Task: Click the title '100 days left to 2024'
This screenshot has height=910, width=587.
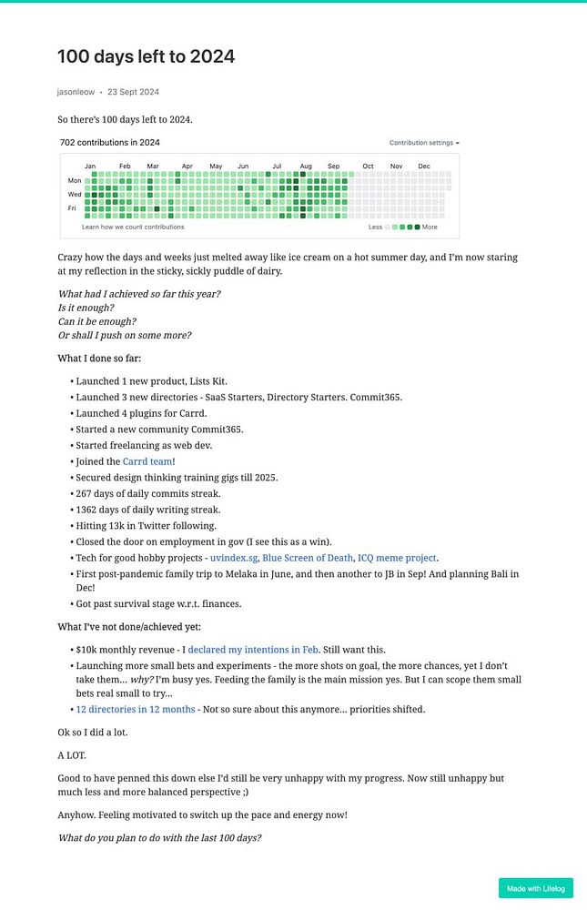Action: point(146,56)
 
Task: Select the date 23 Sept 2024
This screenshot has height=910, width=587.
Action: point(133,92)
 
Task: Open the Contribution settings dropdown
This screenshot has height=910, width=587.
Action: point(424,143)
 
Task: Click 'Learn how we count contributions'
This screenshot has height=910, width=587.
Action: point(133,227)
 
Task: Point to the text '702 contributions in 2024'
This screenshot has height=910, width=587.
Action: point(109,143)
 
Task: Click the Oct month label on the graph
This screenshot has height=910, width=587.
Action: point(368,167)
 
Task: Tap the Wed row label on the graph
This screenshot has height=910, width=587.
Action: point(75,194)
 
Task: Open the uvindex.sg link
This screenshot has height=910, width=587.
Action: point(235,558)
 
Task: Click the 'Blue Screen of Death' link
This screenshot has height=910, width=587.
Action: point(307,558)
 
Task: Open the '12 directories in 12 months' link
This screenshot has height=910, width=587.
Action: point(135,709)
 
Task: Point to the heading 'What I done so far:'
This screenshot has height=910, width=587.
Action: point(99,359)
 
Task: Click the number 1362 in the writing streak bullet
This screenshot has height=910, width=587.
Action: point(89,510)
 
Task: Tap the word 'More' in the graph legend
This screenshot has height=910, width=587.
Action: point(430,227)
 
